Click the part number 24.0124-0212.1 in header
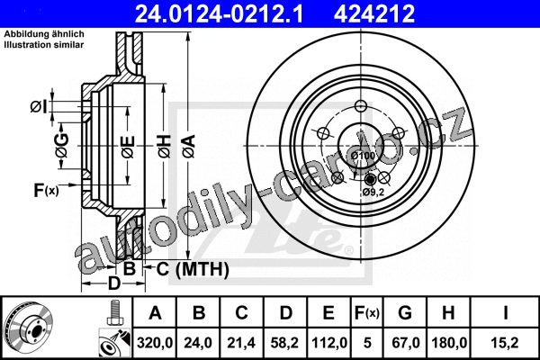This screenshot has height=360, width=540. (x=219, y=13)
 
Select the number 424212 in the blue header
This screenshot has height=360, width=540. (x=374, y=13)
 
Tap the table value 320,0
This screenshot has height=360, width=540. (x=155, y=343)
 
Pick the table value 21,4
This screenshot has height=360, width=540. (x=241, y=343)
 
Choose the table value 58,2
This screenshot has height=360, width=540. (x=284, y=343)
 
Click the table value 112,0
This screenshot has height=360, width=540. (x=328, y=343)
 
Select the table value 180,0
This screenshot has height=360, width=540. (x=449, y=343)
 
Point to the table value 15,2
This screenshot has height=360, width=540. (x=505, y=343)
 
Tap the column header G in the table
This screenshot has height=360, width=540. (x=405, y=312)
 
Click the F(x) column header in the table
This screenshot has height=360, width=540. (x=367, y=313)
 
